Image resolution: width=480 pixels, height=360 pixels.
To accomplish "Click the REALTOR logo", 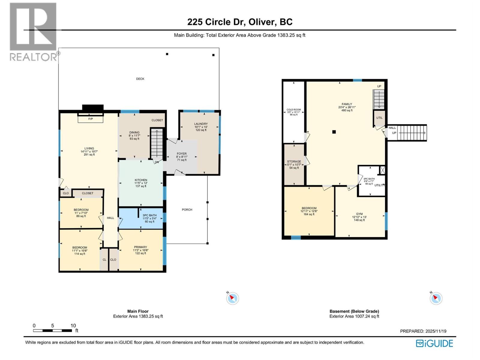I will pyautogui.click(x=33, y=31).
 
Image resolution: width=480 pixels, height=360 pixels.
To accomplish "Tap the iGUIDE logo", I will pyautogui.click(x=434, y=343).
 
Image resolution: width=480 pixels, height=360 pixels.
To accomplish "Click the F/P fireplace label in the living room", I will pyautogui.click(x=91, y=119).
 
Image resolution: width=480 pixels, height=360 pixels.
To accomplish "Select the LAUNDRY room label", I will pyautogui.click(x=201, y=124).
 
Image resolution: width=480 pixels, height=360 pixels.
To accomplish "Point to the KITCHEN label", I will pyautogui.click(x=141, y=180).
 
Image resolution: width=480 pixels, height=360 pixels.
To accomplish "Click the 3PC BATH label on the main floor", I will pyautogui.click(x=149, y=215).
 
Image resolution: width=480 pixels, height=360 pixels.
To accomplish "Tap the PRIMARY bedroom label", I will pyautogui.click(x=140, y=247).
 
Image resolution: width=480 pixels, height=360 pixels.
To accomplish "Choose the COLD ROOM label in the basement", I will pyautogui.click(x=293, y=110).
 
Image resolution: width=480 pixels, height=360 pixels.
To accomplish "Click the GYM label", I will pyautogui.click(x=359, y=214).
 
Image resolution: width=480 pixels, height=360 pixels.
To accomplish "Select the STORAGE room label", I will pyautogui.click(x=294, y=161).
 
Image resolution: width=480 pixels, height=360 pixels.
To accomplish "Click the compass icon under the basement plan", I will pyautogui.click(x=436, y=298).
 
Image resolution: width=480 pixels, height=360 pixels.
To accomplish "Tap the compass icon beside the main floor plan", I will pyautogui.click(x=232, y=298).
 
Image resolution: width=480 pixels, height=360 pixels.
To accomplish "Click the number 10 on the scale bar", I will pyautogui.click(x=73, y=325).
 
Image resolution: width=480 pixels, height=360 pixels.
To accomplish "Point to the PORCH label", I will pyautogui.click(x=187, y=210).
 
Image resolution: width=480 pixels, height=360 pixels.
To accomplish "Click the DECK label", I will pyautogui.click(x=140, y=79).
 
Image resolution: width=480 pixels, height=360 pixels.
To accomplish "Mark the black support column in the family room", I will pyautogui.click(x=334, y=132).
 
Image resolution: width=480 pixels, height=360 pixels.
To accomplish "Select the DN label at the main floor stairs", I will pyautogui.click(x=157, y=162).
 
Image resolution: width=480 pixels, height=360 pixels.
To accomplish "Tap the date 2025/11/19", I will pyautogui.click(x=436, y=331).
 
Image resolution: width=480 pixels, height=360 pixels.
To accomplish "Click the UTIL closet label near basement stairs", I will pyautogui.click(x=379, y=118).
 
